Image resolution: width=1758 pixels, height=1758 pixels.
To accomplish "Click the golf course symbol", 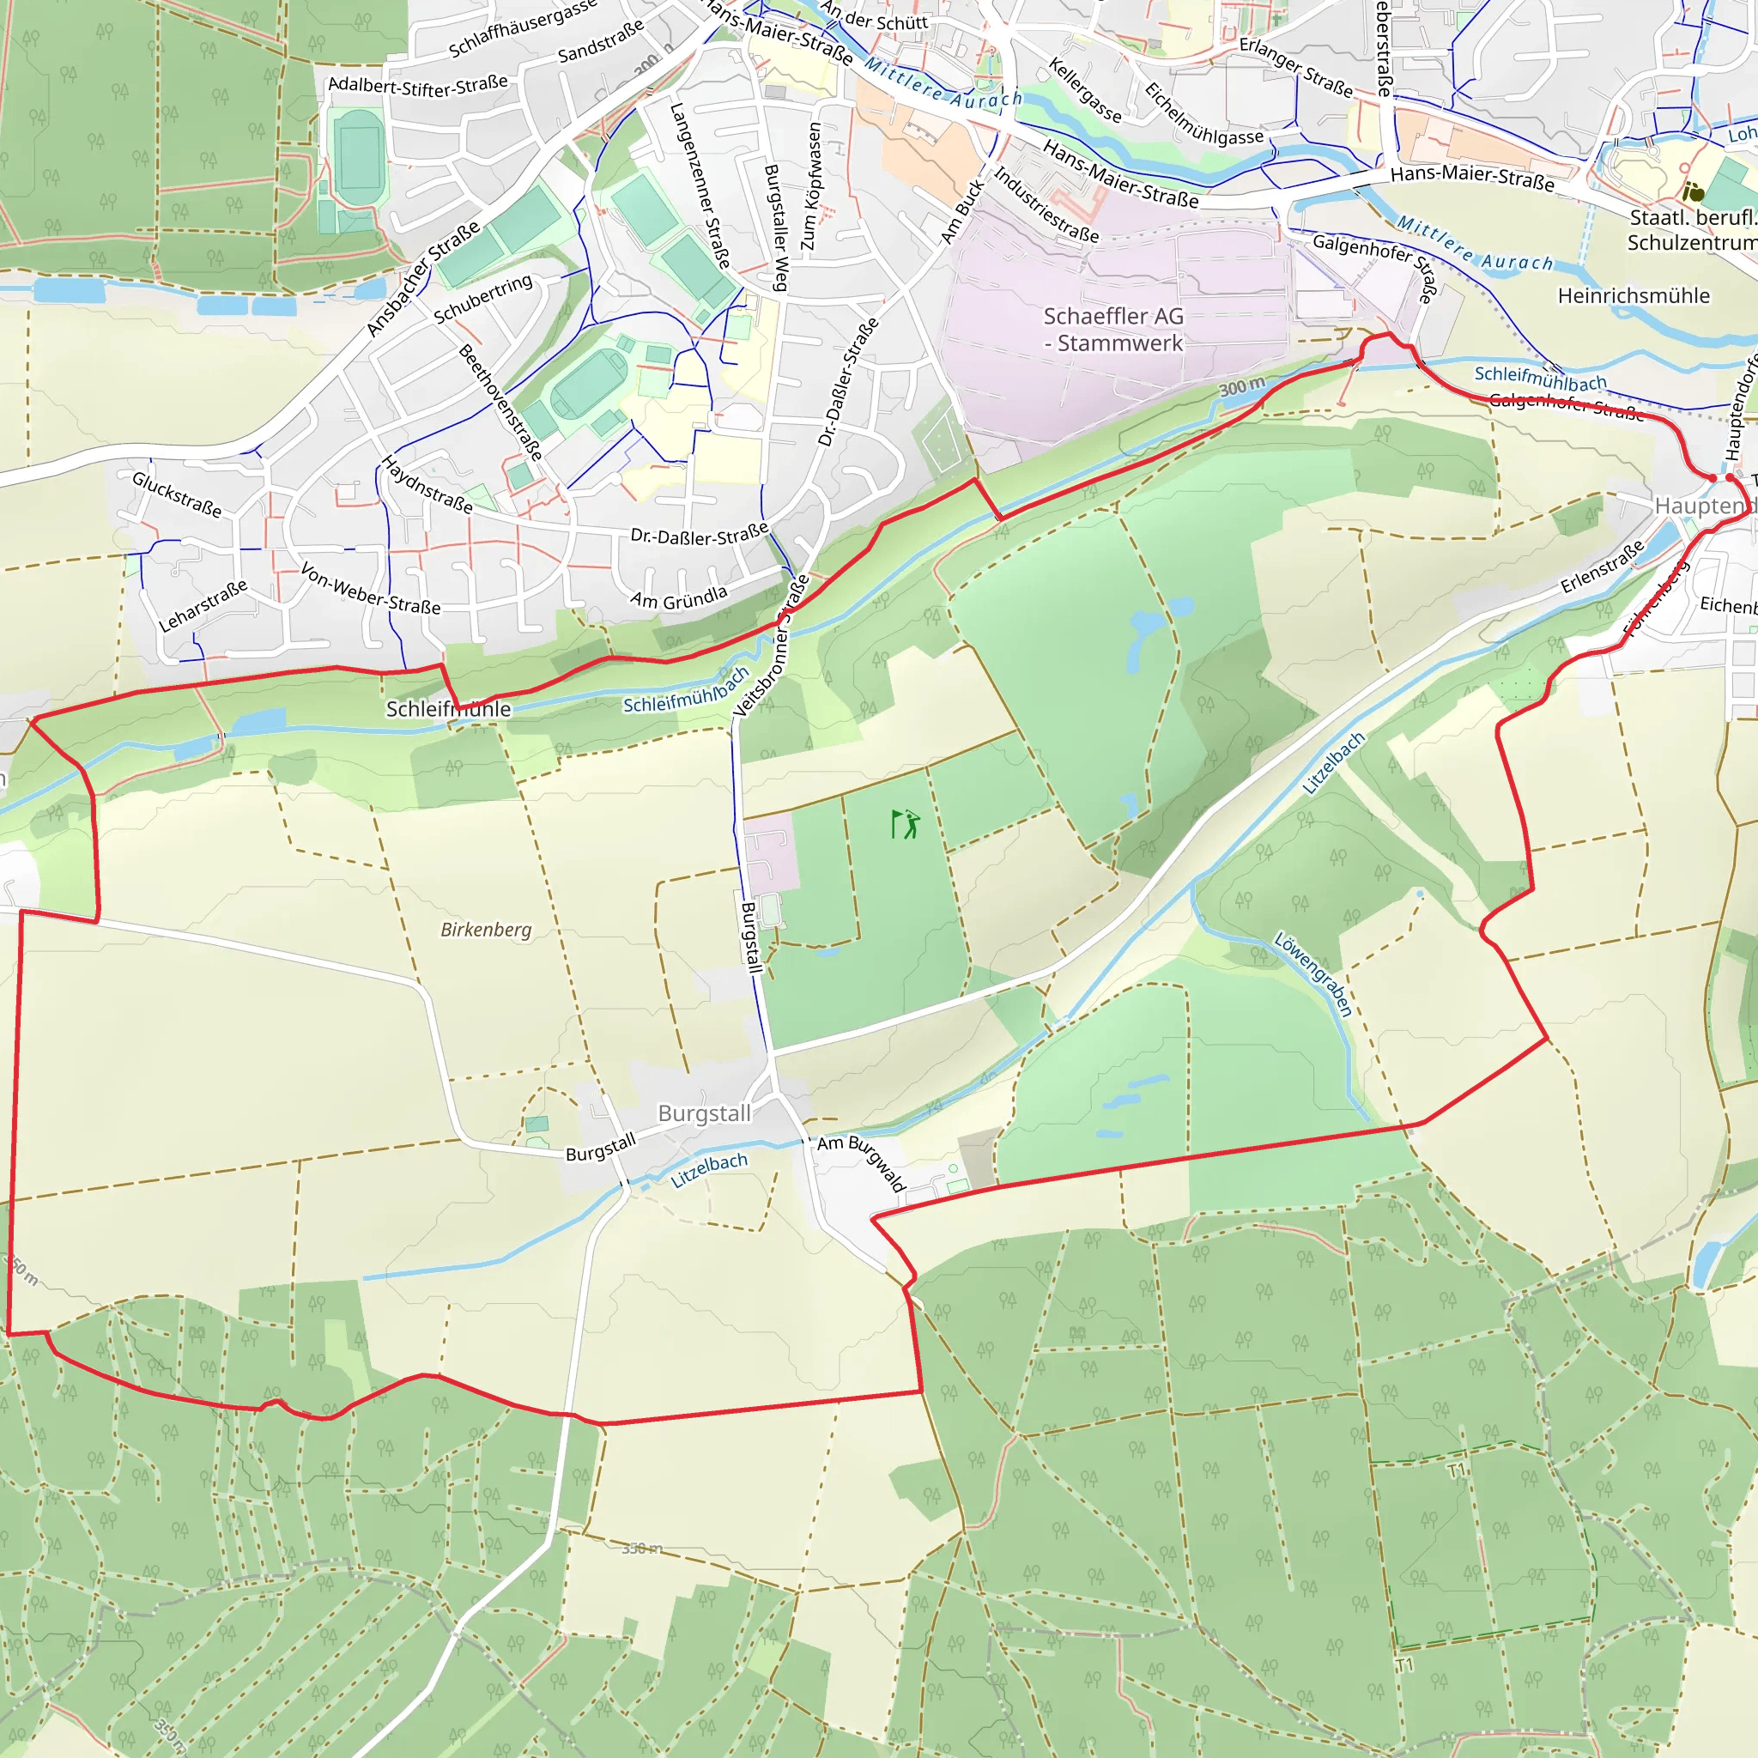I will coord(906,824).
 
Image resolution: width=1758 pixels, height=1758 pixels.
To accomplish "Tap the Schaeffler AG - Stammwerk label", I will coord(1112,330).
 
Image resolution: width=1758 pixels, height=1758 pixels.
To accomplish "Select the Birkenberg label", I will coord(486,929).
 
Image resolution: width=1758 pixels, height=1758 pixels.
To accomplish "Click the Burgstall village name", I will coord(704,1112).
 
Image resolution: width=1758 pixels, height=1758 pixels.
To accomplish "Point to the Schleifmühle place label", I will coord(448,709).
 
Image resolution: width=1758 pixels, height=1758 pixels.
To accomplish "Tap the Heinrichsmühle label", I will coord(1634,296).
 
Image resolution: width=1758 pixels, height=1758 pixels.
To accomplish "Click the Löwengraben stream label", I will coord(1313,973).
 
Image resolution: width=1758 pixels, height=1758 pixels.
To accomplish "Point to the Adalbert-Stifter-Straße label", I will coord(418,86).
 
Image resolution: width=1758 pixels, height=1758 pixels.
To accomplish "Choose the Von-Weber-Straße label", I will coord(370,589).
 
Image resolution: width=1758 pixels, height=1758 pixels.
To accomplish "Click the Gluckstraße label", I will coord(177,494).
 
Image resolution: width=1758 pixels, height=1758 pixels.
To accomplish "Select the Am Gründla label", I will coord(679,597).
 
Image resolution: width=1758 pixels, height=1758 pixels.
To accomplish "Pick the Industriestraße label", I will coord(1046,205).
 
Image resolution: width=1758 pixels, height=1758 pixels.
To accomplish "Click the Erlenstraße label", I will coord(1603,566).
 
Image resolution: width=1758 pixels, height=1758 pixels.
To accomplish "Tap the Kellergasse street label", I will coord(1085,90).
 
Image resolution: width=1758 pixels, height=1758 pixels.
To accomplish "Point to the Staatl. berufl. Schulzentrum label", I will coord(1692,230).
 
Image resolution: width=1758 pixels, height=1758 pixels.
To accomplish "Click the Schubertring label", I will coord(482,299).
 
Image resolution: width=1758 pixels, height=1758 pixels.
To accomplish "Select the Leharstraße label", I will coord(202,606).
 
